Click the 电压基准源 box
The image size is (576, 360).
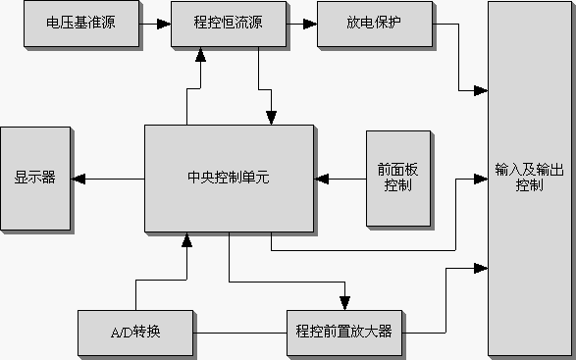click(x=80, y=23)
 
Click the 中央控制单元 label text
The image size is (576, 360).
click(x=228, y=179)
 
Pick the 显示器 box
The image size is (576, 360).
click(x=35, y=179)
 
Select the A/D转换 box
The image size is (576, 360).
click(x=135, y=332)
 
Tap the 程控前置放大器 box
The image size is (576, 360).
click(x=344, y=332)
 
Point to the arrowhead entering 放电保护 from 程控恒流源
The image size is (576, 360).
click(x=311, y=23)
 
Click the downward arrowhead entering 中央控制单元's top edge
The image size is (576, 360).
click(x=270, y=118)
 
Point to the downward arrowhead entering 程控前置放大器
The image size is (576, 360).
click(x=344, y=303)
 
